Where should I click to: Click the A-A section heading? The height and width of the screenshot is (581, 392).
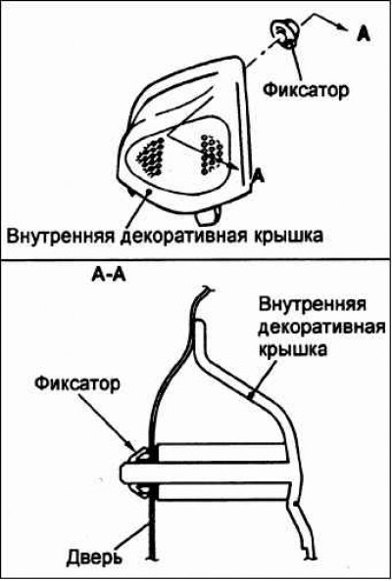pyautogui.click(x=108, y=277)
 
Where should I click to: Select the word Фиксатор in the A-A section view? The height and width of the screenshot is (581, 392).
pyautogui.click(x=77, y=384)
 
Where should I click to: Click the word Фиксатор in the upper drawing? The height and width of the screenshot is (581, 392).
pyautogui.click(x=306, y=90)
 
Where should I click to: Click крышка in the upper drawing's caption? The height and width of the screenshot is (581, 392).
pyautogui.click(x=287, y=236)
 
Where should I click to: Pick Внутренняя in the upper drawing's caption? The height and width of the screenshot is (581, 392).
pyautogui.click(x=61, y=236)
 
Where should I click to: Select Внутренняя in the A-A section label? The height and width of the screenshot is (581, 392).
pyautogui.click(x=313, y=305)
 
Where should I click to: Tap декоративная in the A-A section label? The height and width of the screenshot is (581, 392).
pyautogui.click(x=322, y=329)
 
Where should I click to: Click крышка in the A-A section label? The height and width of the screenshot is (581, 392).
pyautogui.click(x=293, y=349)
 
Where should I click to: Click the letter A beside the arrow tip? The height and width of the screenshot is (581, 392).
pyautogui.click(x=364, y=34)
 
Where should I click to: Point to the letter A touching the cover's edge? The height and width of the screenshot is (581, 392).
pyautogui.click(x=259, y=176)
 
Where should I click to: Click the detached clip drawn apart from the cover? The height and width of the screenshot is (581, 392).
pyautogui.click(x=286, y=33)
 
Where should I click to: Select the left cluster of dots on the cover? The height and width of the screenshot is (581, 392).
pyautogui.click(x=151, y=157)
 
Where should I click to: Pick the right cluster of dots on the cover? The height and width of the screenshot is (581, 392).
pyautogui.click(x=213, y=155)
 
